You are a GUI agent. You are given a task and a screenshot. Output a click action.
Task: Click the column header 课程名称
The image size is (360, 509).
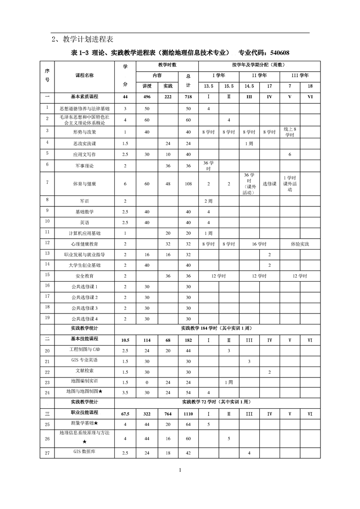point(84,75)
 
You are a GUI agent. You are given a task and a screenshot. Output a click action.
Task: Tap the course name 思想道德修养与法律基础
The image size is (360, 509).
point(84,109)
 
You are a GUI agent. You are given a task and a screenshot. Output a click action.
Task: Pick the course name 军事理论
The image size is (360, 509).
point(84,166)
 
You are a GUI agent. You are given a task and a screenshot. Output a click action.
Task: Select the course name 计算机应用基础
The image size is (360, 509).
point(84,233)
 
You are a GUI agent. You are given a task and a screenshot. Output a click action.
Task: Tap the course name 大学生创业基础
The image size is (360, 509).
point(84,265)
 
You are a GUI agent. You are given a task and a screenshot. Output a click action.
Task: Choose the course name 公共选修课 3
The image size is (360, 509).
point(84,308)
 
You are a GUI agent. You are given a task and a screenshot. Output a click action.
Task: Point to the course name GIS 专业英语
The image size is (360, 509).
point(84,360)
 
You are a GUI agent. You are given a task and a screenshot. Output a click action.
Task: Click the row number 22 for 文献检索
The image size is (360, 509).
point(47,372)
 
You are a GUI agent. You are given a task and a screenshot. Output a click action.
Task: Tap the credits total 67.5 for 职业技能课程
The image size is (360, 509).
point(125,414)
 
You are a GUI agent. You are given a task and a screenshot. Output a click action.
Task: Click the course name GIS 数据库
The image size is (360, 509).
point(84,452)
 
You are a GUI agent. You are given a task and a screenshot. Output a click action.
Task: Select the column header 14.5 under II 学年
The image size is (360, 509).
point(249,86)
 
